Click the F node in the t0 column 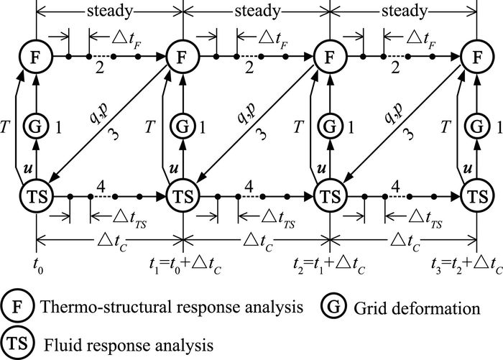35,56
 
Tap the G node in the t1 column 183,127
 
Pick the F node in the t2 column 329,56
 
